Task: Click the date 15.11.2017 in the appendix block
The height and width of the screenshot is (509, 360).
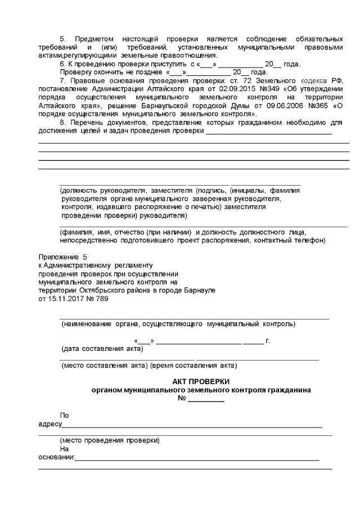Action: click(x=65, y=299)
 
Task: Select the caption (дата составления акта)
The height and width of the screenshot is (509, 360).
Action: click(x=102, y=349)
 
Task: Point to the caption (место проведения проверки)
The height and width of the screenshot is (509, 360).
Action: click(x=110, y=440)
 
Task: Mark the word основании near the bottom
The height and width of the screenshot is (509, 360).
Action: click(x=56, y=457)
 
